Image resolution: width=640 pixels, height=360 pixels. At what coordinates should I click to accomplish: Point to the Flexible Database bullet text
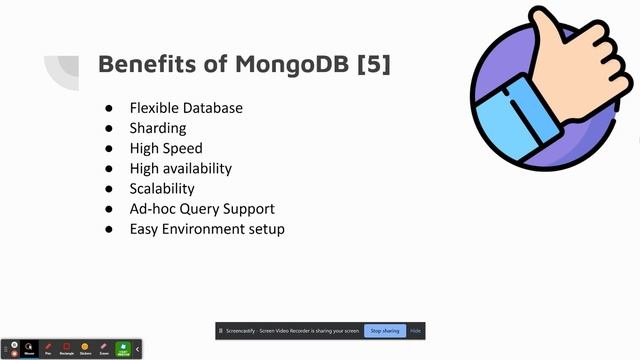pos(186,108)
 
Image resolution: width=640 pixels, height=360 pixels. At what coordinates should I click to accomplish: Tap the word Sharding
pos(158,128)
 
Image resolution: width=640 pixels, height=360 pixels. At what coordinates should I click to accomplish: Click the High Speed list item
pos(166,148)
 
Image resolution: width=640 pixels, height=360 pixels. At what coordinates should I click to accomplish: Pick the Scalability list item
pos(162,188)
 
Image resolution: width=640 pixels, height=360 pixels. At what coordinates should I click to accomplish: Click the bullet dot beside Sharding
pos(109,128)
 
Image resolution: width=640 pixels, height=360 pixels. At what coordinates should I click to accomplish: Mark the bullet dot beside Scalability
pos(109,188)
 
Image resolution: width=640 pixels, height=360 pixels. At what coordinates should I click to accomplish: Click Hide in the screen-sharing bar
pos(416,330)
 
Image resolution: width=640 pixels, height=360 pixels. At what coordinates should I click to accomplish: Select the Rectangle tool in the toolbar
pos(66,348)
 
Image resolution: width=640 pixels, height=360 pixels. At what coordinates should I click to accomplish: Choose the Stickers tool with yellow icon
pos(85,348)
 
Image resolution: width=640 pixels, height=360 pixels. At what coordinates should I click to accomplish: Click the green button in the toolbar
pos(123,348)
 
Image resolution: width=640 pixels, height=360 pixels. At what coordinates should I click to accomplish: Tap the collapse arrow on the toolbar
pos(138,348)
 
